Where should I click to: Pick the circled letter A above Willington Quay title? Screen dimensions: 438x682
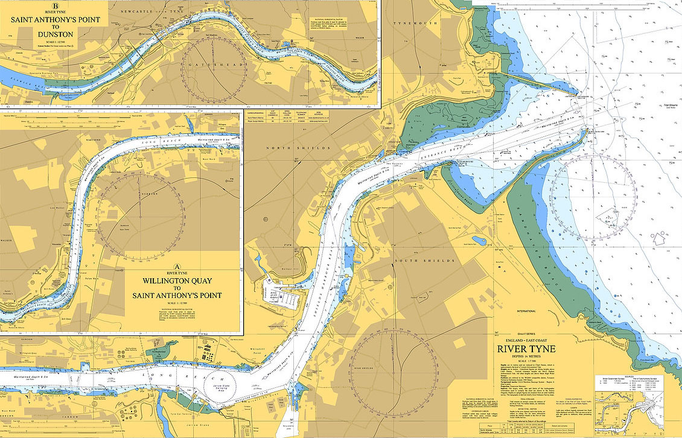[177, 266]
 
